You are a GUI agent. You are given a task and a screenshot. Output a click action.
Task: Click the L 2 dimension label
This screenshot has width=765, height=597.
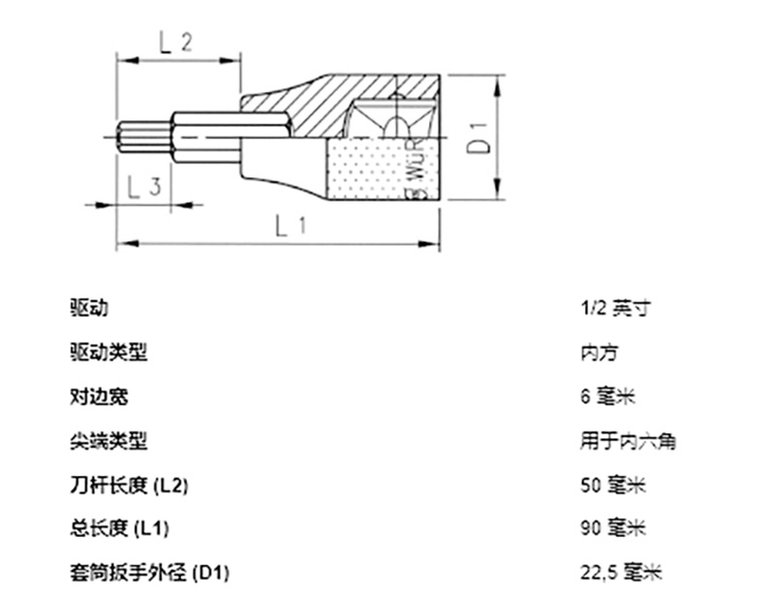[175, 43]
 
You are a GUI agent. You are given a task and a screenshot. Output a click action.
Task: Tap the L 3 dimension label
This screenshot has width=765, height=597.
[144, 186]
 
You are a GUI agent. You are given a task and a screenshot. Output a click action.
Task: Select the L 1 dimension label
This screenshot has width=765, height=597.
[291, 226]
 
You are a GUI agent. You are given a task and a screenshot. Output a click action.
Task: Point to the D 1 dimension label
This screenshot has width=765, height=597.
[477, 139]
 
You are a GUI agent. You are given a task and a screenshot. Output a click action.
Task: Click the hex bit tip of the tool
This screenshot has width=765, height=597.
[144, 140]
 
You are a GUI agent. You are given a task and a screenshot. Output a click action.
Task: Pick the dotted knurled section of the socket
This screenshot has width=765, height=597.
[376, 169]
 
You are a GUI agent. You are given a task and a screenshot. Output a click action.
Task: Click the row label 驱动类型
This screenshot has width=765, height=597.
[108, 352]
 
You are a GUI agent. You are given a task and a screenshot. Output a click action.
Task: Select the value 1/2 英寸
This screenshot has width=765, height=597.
[615, 308]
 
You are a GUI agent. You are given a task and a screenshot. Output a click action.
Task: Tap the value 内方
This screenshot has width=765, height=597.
[599, 352]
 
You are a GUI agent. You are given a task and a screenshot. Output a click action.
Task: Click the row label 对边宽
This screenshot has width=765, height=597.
[99, 396]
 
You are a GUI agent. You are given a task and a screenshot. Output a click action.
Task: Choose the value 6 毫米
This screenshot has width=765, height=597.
[608, 396]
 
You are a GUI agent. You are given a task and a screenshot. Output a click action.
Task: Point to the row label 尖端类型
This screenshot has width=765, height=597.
[108, 441]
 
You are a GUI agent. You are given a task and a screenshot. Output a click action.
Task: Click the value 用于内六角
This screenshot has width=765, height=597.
[627, 441]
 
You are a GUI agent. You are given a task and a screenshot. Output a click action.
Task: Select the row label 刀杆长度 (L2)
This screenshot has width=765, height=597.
[129, 486]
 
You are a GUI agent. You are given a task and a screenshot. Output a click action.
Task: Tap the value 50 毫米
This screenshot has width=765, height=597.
[613, 486]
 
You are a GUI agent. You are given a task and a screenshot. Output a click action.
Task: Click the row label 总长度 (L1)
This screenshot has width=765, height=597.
[119, 528]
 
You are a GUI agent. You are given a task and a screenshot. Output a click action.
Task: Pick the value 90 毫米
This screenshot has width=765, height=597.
[613, 528]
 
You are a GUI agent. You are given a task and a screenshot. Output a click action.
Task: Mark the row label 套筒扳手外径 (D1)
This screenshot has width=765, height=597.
[149, 572]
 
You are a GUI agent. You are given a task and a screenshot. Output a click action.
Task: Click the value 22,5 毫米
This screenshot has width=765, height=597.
[621, 572]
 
